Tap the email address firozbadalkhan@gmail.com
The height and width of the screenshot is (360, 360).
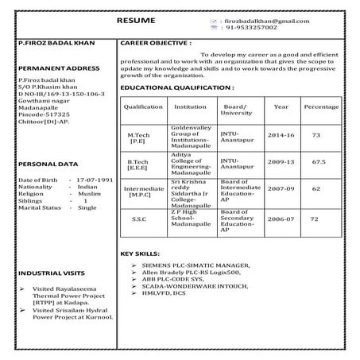pos(267,20)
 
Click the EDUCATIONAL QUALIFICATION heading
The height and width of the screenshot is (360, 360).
pos(177,86)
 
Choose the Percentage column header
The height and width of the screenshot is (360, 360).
pos(320,106)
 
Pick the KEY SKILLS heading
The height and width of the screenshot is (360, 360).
pos(140,253)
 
